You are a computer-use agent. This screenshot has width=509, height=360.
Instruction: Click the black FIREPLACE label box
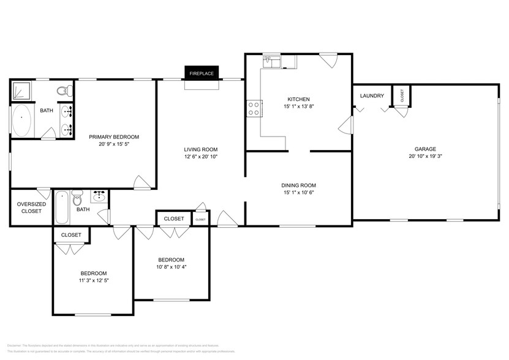[x=201, y=73]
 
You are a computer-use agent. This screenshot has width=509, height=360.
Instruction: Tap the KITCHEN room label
[x=298, y=99]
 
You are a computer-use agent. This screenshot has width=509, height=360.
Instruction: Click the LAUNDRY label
[x=372, y=96]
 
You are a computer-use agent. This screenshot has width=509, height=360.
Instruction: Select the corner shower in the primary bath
[x=23, y=91]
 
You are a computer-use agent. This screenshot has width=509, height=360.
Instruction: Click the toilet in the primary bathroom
[x=63, y=91]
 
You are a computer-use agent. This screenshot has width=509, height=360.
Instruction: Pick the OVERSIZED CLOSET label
[x=29, y=208]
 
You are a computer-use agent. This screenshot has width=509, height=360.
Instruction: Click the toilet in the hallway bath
[x=77, y=200]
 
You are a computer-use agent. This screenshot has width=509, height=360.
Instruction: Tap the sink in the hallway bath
[x=100, y=197]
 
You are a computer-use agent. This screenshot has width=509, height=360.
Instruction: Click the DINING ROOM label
[x=298, y=186]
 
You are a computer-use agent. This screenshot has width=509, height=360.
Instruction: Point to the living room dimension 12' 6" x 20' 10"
[x=201, y=157]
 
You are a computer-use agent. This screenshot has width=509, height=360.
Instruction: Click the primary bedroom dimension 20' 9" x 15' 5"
[x=113, y=144]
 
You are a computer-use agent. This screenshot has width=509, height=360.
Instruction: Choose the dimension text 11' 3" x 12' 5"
[x=94, y=280]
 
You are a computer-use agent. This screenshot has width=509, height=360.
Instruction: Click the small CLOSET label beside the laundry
[x=402, y=95]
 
